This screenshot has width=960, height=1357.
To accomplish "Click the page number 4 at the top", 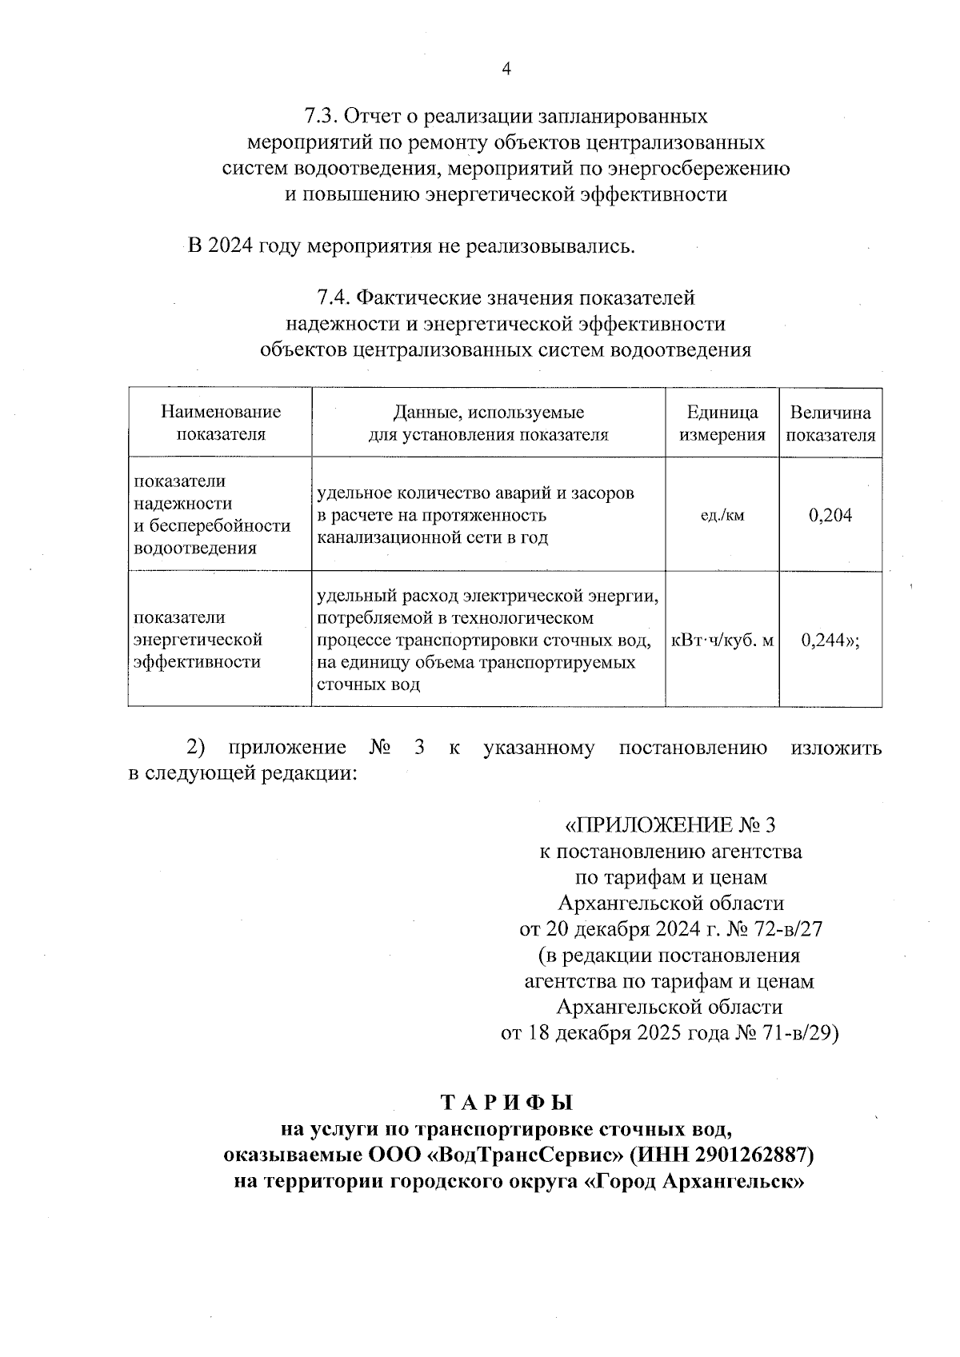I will pyautogui.click(x=506, y=69).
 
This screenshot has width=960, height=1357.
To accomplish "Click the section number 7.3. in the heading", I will pyautogui.click(x=322, y=117).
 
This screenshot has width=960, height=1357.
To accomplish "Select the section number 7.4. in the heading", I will pyautogui.click(x=334, y=298).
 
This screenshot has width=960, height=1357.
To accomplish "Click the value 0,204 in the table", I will pyautogui.click(x=830, y=515).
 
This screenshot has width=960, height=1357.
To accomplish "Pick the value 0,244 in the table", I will pyautogui.click(x=824, y=640).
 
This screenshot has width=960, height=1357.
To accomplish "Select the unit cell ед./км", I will pyautogui.click(x=722, y=515).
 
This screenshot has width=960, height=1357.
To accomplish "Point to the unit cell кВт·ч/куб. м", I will pyautogui.click(x=722, y=640).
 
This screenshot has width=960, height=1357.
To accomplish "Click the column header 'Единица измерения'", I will pyautogui.click(x=722, y=424).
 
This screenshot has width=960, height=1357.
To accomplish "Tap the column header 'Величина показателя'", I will pyautogui.click(x=830, y=424).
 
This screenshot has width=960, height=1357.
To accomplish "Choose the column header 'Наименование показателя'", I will pyautogui.click(x=221, y=423).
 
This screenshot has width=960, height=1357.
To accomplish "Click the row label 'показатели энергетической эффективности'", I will pyautogui.click(x=198, y=640).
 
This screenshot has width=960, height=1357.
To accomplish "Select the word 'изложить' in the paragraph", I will pyautogui.click(x=836, y=748).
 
